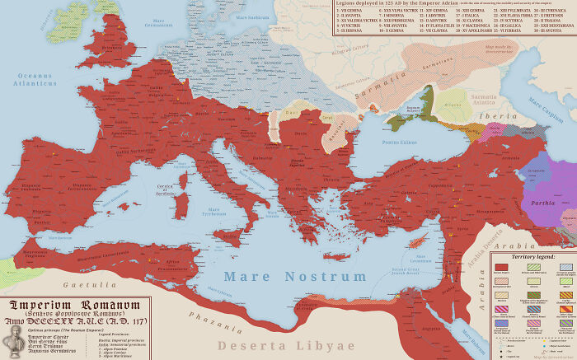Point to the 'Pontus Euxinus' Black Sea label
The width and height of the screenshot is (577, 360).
pos(398,143)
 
